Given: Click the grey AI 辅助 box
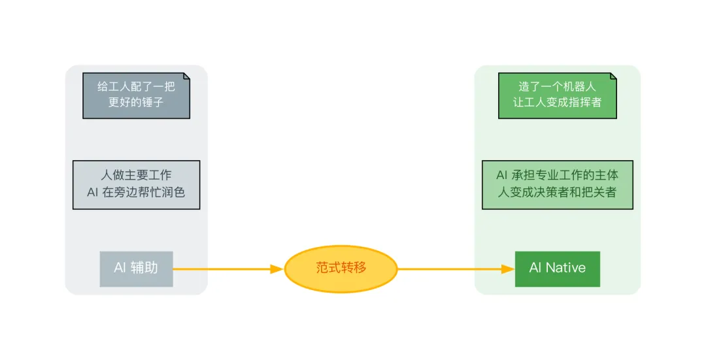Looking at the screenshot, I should (136, 269).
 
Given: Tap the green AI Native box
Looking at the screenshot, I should (557, 269).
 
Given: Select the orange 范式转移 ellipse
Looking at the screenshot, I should (341, 269).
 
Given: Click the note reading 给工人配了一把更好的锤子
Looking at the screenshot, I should (136, 95).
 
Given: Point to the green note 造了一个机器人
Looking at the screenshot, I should (557, 95).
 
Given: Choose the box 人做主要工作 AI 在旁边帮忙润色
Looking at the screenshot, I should (136, 185).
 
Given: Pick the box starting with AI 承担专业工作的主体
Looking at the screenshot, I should (557, 185).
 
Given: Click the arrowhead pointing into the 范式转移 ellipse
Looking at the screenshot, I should (277, 269).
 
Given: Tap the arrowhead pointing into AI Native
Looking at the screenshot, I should (508, 269).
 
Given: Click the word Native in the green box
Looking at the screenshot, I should (565, 268).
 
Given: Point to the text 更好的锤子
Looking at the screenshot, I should (136, 103).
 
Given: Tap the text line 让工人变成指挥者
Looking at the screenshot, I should (557, 103).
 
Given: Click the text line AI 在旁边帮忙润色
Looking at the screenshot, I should (136, 193).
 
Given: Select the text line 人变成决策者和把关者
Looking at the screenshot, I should (557, 193).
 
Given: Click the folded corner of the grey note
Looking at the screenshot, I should (186, 76).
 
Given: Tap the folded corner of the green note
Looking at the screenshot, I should (613, 76).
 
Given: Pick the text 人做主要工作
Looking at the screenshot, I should (136, 176).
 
